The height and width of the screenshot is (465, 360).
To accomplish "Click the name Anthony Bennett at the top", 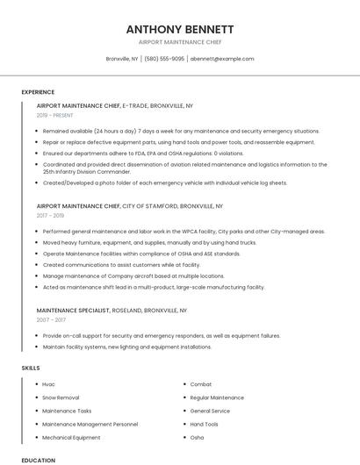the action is pos(179,29).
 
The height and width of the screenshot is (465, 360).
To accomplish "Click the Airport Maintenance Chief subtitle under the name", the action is pos(179,42).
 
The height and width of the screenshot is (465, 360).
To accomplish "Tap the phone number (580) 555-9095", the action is pos(164,59).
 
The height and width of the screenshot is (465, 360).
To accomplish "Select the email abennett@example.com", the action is pos(222,59).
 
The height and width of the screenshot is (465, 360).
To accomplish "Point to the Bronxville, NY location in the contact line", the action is pos(122,59).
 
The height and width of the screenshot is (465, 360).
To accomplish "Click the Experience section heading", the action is pos(38,92).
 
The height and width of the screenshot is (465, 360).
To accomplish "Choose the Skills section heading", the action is pos(31,368).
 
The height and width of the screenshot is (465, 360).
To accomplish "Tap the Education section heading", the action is pos(38,460).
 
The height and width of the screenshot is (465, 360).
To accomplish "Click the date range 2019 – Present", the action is pos(55,115).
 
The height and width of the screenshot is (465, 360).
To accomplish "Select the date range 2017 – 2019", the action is pos(50,215).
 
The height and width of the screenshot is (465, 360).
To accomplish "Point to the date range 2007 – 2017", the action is pos(51,319).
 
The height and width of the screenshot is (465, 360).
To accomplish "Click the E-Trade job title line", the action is pos(115,105).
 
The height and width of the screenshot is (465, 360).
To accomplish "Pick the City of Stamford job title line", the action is pos(130,205).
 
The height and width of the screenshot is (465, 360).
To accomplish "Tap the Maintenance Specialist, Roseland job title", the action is pos(112,310).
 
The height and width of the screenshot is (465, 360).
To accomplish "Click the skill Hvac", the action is pos(48,384).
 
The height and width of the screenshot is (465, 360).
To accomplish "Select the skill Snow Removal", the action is pos(61,397).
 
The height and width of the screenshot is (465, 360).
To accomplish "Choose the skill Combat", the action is pos(201,384).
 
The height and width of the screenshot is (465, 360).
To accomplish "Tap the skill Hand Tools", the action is pos(205,424).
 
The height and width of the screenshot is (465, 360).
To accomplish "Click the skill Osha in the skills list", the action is pos(197,437).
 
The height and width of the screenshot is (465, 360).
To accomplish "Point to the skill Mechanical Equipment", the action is pos(71,437).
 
